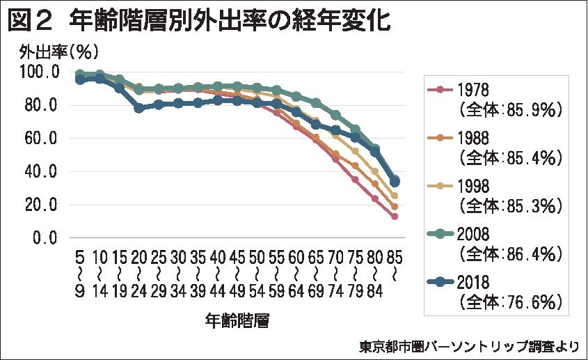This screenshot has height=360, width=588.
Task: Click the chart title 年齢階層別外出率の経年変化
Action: (230, 20)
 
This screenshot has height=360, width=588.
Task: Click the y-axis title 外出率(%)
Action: (58, 52)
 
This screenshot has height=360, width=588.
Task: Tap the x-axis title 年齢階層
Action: (237, 320)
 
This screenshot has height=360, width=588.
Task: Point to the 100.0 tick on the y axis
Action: (40, 72)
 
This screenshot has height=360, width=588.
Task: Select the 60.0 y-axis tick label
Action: (43, 138)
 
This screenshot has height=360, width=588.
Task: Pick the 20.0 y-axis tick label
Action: (43, 205)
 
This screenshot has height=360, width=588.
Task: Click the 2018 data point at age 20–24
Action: (139, 108)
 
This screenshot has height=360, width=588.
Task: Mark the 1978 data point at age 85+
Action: (395, 217)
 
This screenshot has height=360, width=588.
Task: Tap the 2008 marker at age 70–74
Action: (335, 115)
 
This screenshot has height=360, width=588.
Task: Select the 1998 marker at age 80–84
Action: (375, 171)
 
